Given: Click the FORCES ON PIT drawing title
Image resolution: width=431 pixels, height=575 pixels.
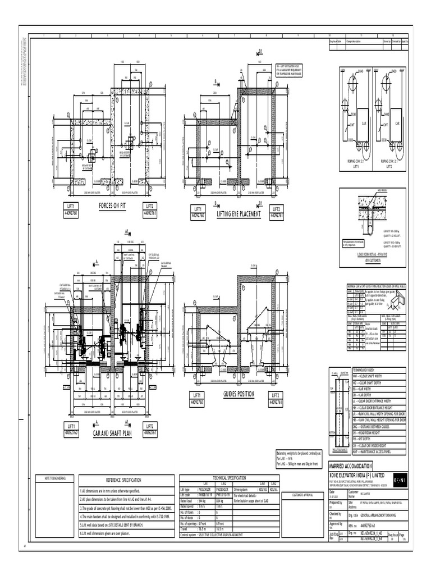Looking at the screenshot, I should click(112, 206).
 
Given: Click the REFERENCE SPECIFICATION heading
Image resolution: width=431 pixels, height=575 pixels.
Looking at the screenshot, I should click(124, 481).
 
